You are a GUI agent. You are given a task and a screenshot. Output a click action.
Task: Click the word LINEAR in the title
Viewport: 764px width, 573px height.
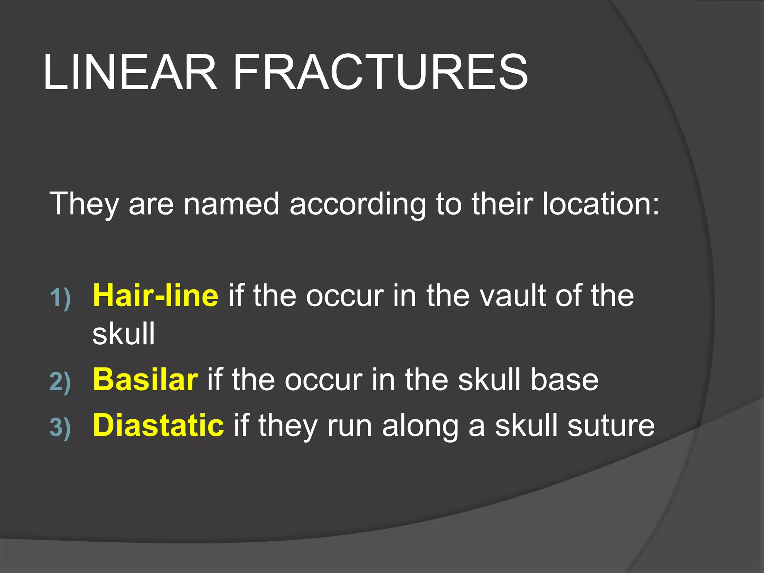pyautogui.click(x=130, y=72)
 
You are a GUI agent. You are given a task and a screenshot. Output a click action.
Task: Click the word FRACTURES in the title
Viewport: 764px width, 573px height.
pyautogui.click(x=380, y=72)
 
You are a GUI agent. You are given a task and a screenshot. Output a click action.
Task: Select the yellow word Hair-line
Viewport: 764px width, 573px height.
pyautogui.click(x=156, y=295)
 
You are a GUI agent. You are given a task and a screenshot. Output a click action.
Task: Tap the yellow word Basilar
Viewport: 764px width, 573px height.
pyautogui.click(x=145, y=379)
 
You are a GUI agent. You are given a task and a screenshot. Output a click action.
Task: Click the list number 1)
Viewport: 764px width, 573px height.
pyautogui.click(x=60, y=298)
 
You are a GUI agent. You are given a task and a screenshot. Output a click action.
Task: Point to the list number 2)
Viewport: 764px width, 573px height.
pyautogui.click(x=60, y=382)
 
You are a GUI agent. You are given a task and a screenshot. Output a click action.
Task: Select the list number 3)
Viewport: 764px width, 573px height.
pyautogui.click(x=60, y=428)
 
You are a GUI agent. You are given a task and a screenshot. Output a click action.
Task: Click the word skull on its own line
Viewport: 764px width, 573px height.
pyautogui.click(x=123, y=334)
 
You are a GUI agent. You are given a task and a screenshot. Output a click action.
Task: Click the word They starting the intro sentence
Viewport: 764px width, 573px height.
pyautogui.click(x=84, y=204)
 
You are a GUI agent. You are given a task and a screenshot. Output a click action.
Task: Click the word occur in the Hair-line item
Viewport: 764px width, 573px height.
pyautogui.click(x=345, y=296)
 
